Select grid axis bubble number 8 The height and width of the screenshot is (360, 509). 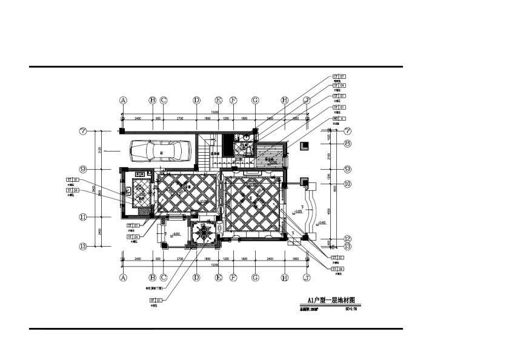coord(348,143)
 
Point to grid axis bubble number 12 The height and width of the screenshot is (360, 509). coord(348,239)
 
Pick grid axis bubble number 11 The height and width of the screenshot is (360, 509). coord(84,217)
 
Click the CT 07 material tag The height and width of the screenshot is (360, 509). coord(339,77)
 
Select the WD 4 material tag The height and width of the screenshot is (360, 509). coord(339,118)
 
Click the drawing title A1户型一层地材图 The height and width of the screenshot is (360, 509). coord(331,300)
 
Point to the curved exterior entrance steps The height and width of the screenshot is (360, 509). coord(311,209)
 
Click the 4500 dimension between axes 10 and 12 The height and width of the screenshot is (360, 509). coord(331,212)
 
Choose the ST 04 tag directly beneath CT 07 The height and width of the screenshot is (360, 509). coord(339,86)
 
